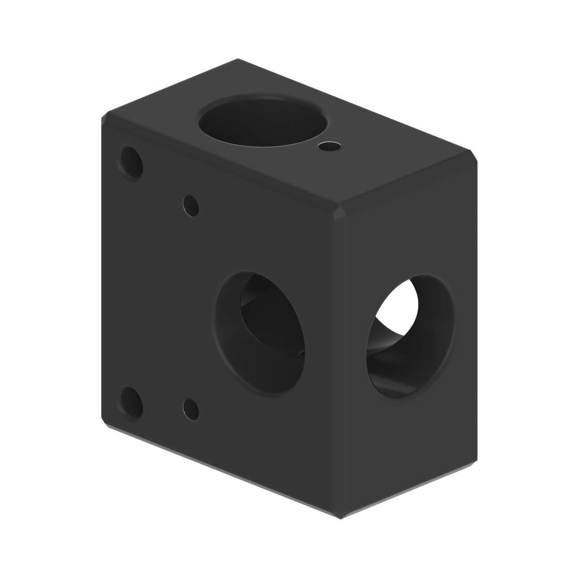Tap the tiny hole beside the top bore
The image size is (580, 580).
(x=330, y=146)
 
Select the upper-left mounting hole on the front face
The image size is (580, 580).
(x=131, y=162)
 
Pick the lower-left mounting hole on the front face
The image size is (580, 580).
(x=132, y=402)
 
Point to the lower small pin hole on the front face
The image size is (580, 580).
(x=190, y=408)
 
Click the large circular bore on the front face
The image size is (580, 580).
(x=259, y=332)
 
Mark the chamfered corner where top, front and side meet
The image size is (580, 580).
(x=340, y=213)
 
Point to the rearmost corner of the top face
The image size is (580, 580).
(x=237, y=59)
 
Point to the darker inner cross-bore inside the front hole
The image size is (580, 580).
(x=267, y=317)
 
